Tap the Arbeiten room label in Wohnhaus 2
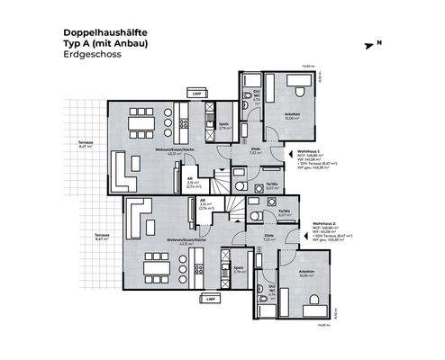coord(293,276)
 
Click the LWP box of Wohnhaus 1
coord(195,92)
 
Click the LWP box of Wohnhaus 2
coord(209,298)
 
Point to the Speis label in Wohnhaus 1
coord(224,126)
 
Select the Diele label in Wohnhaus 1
coord(256,149)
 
